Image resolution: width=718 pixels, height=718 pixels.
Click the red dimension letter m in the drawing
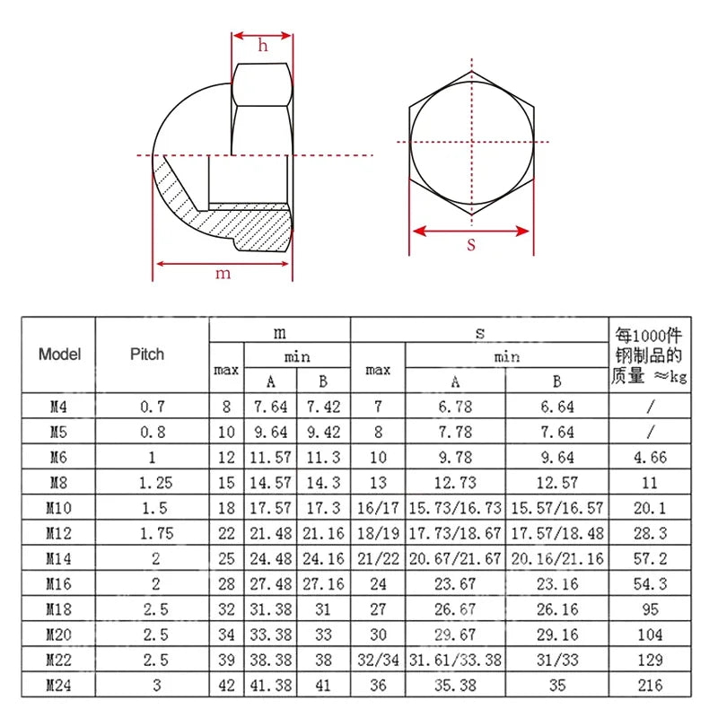223,274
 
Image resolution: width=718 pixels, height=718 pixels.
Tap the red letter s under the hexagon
471,244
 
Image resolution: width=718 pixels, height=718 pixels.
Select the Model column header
59,355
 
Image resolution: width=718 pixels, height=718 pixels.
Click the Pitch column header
147,355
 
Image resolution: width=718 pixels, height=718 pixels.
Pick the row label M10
59,508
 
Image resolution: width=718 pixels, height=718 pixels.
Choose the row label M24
59,685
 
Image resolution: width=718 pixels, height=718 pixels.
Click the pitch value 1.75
153,533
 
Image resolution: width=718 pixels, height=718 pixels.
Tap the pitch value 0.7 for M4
153,407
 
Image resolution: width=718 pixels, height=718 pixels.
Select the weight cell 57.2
650,558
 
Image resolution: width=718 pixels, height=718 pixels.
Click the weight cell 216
650,685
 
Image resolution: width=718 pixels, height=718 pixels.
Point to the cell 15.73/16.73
455,508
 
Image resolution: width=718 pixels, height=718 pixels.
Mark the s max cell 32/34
378,660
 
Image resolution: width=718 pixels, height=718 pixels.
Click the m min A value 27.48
270,583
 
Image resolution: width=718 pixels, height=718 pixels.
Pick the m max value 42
226,685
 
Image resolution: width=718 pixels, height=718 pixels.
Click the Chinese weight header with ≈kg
650,355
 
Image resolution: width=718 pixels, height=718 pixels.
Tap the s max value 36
378,685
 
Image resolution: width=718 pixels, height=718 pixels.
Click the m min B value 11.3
323,457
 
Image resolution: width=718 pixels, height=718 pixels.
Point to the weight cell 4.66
650,457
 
